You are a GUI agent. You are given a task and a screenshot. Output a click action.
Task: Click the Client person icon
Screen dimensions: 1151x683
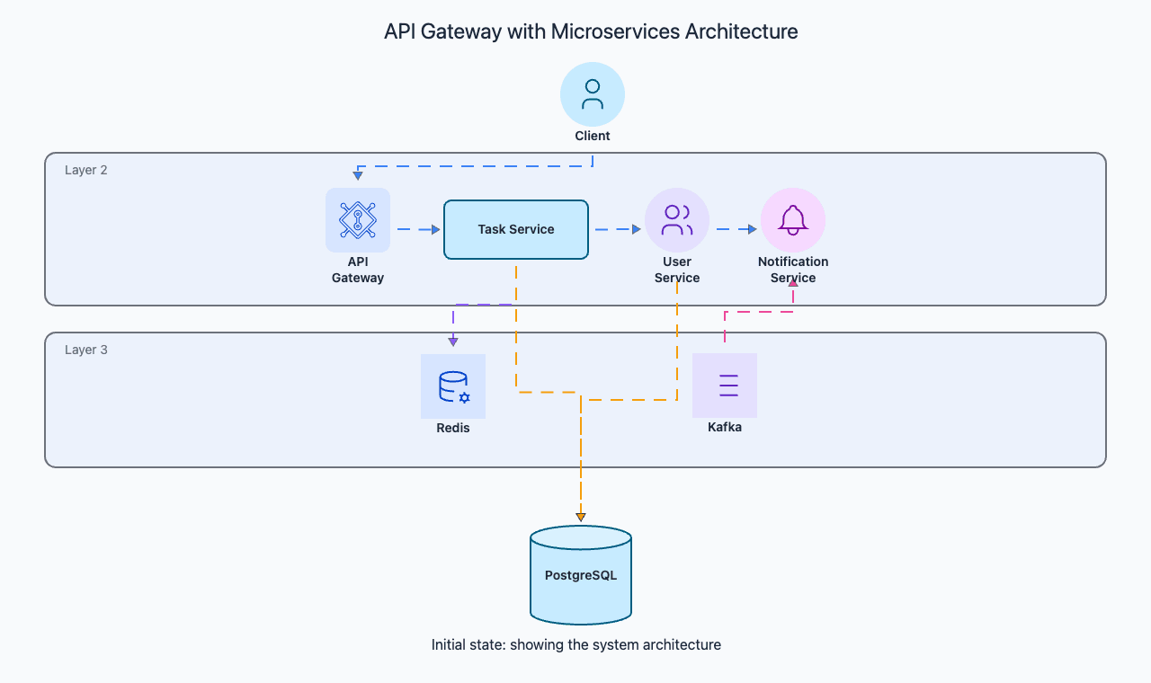[593, 94]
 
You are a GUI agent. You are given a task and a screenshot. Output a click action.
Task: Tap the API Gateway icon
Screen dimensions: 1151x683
[358, 220]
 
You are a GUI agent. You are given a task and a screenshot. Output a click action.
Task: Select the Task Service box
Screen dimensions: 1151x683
[516, 229]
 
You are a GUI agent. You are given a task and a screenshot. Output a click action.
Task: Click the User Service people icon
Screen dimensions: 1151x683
[677, 220]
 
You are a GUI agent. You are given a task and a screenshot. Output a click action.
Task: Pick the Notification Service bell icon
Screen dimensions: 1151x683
[793, 220]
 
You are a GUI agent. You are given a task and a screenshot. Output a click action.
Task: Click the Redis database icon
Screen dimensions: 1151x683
[452, 386]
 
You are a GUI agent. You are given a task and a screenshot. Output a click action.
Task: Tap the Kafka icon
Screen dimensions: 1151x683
[725, 386]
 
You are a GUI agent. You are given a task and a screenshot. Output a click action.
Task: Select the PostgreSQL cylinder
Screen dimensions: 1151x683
[581, 575]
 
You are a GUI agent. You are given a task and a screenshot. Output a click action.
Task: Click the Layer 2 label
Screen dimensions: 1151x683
[85, 170]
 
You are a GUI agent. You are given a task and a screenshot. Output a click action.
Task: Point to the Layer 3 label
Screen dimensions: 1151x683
[85, 350]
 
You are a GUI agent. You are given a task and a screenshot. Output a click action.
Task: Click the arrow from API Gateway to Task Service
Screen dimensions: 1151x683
[419, 229]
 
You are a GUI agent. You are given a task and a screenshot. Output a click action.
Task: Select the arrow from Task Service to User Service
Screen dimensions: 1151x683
[618, 229]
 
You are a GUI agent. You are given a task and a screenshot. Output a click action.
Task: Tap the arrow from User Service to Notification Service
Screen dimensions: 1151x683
[736, 229]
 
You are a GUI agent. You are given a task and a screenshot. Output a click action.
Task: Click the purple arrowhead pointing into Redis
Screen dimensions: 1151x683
[452, 342]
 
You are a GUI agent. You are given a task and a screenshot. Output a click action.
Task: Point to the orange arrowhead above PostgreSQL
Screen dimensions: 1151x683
[581, 517]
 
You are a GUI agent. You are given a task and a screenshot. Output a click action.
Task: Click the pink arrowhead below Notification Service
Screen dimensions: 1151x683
[793, 283]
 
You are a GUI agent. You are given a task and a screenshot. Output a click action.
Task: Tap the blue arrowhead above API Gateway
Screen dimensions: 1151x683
[358, 175]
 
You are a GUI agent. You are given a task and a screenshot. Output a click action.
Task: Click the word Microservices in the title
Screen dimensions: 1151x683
[614, 31]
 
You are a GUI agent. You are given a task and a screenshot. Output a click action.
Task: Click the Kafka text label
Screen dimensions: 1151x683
[725, 427]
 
